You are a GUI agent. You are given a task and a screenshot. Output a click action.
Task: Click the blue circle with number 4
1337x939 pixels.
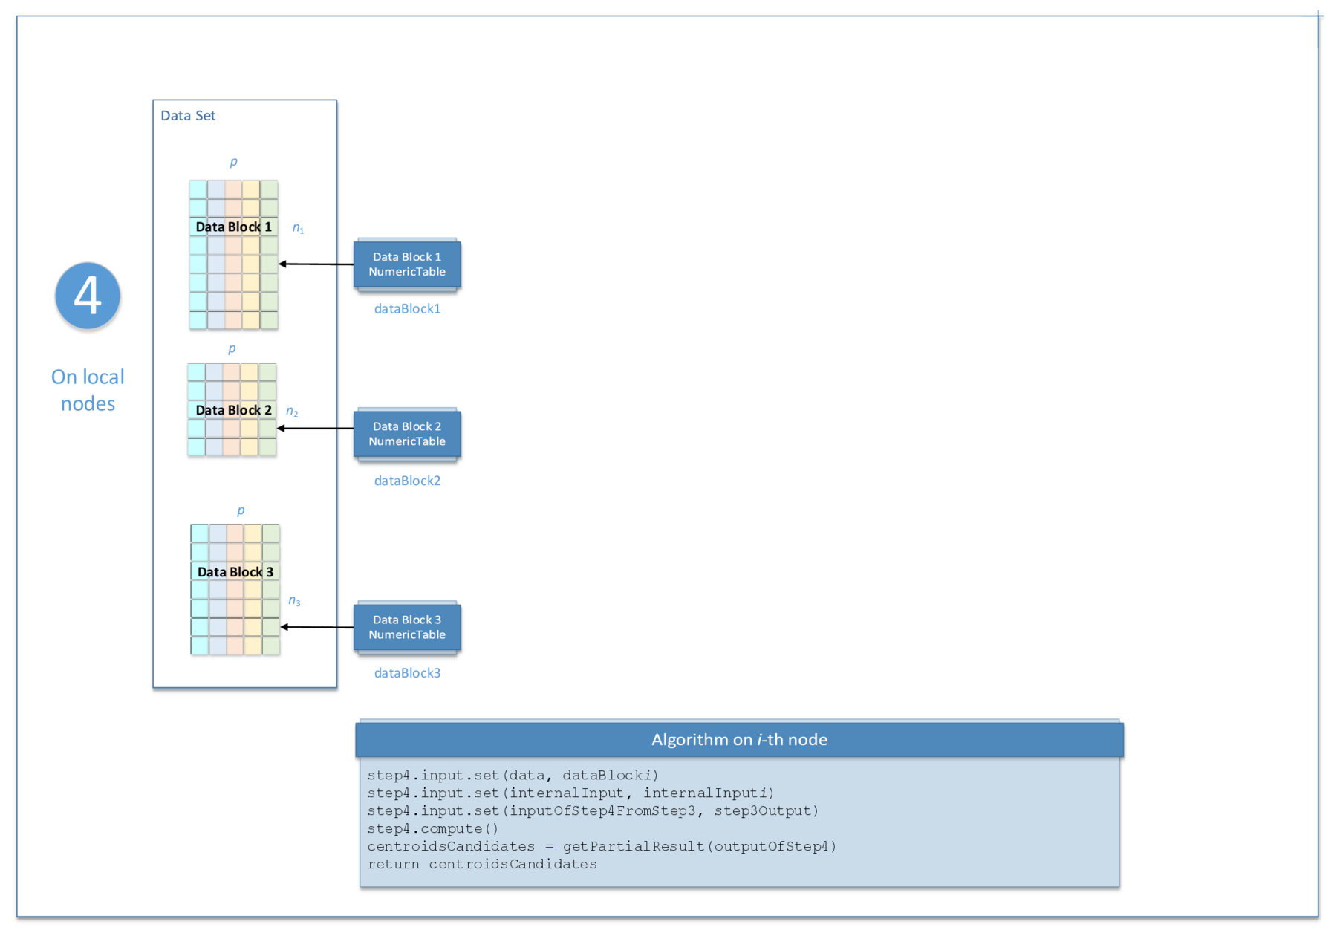pos(88,296)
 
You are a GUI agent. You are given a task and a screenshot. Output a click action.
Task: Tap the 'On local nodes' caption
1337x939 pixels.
pos(88,390)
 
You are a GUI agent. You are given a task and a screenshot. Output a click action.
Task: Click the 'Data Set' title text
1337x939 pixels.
pos(188,116)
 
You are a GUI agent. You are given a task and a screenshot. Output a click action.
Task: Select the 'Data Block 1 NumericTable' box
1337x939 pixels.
pos(407,264)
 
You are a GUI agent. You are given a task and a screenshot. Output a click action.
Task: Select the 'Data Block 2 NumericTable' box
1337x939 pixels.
pos(407,434)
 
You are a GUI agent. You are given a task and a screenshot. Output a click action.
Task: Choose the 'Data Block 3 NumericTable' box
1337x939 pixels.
pos(407,627)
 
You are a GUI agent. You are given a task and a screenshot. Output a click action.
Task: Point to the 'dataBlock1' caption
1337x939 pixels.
pos(407,309)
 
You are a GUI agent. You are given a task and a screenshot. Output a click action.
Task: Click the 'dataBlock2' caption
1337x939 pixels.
pos(407,481)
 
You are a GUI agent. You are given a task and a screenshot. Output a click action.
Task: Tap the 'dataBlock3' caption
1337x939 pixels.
pos(407,673)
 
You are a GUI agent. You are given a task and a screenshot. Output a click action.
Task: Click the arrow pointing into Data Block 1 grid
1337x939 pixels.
pos(316,264)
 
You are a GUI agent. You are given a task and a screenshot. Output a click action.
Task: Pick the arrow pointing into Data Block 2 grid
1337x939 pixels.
pos(315,429)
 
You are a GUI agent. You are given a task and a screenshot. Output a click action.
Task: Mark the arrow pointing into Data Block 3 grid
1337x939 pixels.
pos(316,627)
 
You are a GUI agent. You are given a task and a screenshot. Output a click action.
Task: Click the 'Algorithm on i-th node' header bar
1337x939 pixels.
pos(739,740)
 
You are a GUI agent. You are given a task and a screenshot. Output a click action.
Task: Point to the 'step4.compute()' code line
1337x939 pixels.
pos(433,829)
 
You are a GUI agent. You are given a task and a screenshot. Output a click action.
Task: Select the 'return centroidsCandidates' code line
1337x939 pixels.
pos(482,865)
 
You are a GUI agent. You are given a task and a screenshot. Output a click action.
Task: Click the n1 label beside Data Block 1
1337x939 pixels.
pos(298,228)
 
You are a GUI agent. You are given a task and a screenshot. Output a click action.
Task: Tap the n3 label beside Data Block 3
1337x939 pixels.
pos(294,601)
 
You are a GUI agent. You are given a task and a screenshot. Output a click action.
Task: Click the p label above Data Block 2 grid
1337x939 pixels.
pos(232,348)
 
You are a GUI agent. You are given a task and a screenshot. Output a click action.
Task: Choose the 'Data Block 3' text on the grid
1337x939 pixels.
pos(235,572)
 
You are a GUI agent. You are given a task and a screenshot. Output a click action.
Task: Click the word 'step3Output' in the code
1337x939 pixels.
pos(766,811)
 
